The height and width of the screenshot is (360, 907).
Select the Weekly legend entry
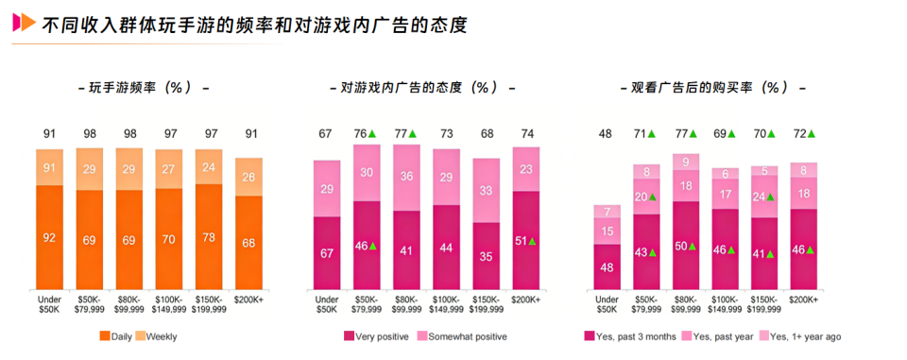[x=159, y=336]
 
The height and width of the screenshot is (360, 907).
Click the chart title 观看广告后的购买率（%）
[x=703, y=87]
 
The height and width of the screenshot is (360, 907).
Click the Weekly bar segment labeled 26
[x=248, y=177]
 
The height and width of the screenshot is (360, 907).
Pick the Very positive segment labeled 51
[x=526, y=241]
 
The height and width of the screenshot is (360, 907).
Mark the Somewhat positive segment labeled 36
[x=406, y=177]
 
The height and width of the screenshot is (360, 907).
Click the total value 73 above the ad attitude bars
[x=446, y=133]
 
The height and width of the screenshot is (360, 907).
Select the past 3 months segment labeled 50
[x=686, y=246]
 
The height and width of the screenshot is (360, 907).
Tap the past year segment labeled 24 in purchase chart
[x=764, y=197]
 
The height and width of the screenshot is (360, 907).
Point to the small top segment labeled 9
[x=686, y=162]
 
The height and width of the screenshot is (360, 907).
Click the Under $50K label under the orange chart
[x=49, y=303]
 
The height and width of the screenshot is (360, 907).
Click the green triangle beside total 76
[x=372, y=133]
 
